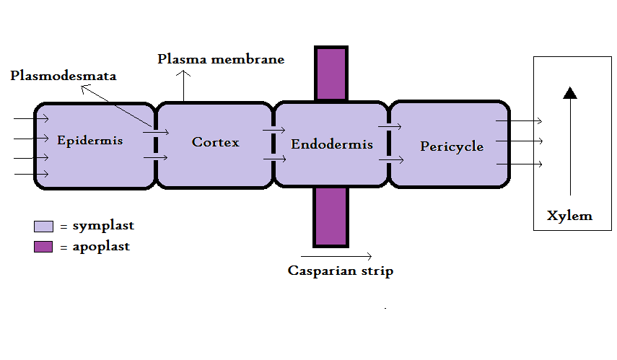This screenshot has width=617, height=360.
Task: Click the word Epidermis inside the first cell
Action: (x=89, y=140)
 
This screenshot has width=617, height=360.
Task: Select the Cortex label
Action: (x=215, y=142)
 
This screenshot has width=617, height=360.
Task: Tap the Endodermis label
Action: (x=331, y=144)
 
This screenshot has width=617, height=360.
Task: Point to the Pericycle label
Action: (x=452, y=146)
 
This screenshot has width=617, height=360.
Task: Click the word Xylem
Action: (x=569, y=216)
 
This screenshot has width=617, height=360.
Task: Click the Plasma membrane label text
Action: (x=221, y=59)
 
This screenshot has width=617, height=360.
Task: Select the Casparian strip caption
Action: (x=341, y=271)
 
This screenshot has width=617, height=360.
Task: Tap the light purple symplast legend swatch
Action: (x=44, y=227)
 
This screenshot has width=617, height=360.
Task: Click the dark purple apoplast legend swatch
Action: (x=44, y=247)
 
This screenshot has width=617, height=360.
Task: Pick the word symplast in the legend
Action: (x=103, y=226)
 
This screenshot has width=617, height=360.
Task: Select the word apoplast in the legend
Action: (x=101, y=246)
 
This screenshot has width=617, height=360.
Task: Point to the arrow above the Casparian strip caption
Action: (x=336, y=256)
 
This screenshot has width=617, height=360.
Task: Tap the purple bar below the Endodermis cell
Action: (x=331, y=216)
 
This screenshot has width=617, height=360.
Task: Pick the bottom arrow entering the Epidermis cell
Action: (x=31, y=174)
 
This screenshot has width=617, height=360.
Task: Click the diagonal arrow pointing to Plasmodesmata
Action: (x=119, y=108)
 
